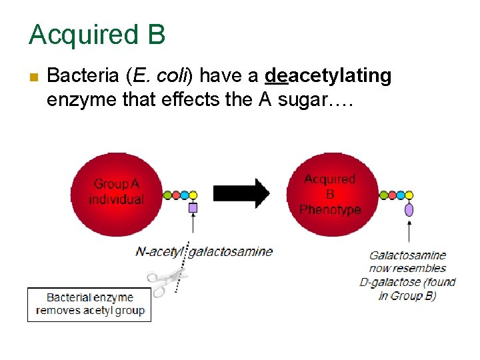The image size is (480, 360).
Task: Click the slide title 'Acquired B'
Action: click(97, 35)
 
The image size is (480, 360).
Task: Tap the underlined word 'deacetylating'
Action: click(328, 76)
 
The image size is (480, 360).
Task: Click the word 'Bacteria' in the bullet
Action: click(83, 76)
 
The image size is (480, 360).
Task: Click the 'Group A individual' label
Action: click(117, 191)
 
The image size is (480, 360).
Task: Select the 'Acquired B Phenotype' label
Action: click(330, 194)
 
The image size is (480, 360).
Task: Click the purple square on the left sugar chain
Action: click(193, 208)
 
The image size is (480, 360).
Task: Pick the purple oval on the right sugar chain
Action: click(409, 210)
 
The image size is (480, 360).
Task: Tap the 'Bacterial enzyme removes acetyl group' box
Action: click(89, 304)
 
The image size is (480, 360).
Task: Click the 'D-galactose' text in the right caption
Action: click(389, 282)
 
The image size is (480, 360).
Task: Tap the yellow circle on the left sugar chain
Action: click(193, 195)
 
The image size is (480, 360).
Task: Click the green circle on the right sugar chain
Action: click(384, 195)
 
